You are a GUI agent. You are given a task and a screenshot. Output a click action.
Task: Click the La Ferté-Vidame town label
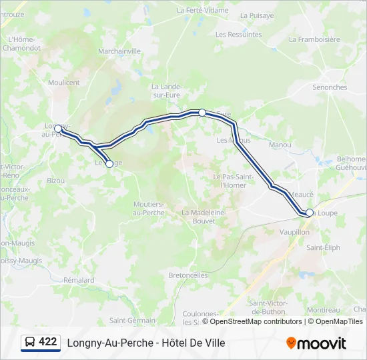(x=202, y=10)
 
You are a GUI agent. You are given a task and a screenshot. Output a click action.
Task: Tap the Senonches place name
(x=330, y=87)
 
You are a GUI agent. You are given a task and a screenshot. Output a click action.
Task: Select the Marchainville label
(x=119, y=51)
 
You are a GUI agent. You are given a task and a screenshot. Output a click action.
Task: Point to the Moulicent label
(x=63, y=83)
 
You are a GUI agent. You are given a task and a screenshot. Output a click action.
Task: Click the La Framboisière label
(x=314, y=39)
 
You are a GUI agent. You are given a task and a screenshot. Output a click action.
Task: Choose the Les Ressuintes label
(x=238, y=34)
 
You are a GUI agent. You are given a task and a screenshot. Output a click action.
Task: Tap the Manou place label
(x=280, y=145)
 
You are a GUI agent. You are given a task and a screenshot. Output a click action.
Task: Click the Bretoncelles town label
(x=188, y=275)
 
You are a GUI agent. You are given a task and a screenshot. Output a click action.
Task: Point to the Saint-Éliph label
(x=323, y=247)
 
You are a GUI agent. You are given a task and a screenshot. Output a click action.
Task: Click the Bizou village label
(x=56, y=180)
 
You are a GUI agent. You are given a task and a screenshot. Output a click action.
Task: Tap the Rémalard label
(x=79, y=281)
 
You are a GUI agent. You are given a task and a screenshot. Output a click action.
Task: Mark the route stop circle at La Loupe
(x=309, y=213)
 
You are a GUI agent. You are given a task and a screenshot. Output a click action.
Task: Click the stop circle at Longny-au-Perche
(x=58, y=128)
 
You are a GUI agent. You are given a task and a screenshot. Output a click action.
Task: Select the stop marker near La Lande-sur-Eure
(x=202, y=113)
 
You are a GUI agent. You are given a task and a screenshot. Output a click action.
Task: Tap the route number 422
(x=48, y=342)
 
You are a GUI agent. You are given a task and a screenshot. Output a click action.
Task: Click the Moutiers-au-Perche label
(x=149, y=207)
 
